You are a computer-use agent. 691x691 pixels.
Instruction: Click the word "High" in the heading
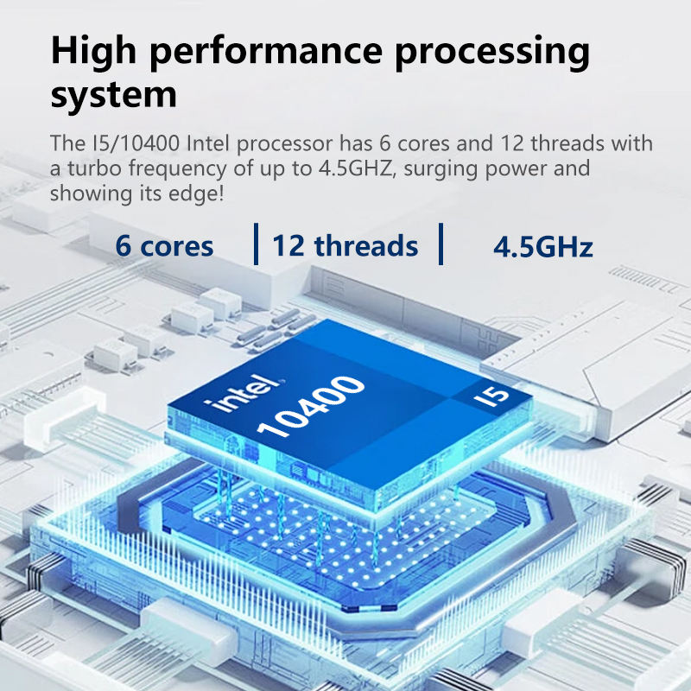96,52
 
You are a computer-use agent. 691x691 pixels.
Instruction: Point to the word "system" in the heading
113,95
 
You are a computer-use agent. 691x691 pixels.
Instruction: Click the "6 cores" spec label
164,247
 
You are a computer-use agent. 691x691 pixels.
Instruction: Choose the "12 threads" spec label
345,246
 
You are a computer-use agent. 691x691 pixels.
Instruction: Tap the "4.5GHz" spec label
542,249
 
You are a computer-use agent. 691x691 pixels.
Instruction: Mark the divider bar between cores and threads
256,244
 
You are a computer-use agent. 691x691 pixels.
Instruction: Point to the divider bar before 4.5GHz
441,244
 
